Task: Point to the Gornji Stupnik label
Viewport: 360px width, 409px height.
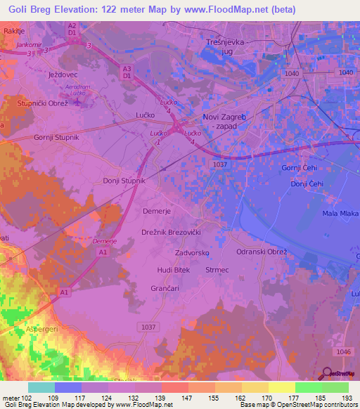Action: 56,138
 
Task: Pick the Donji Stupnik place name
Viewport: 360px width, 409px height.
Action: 124,181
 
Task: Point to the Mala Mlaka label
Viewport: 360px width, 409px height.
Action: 340,213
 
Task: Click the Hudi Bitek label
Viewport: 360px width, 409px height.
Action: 172,270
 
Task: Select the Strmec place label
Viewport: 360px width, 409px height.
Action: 217,270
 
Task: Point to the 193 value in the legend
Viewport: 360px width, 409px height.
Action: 345,398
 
